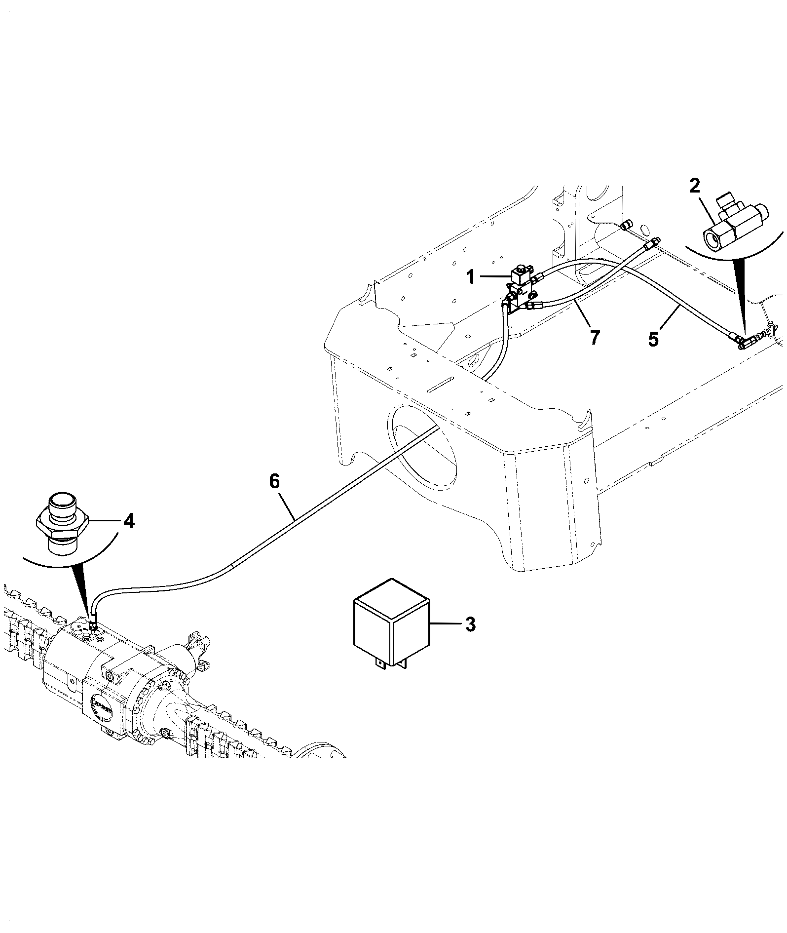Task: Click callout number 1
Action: [471, 277]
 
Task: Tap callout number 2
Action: [694, 186]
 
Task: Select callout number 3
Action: [470, 624]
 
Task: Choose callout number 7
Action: [594, 338]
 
